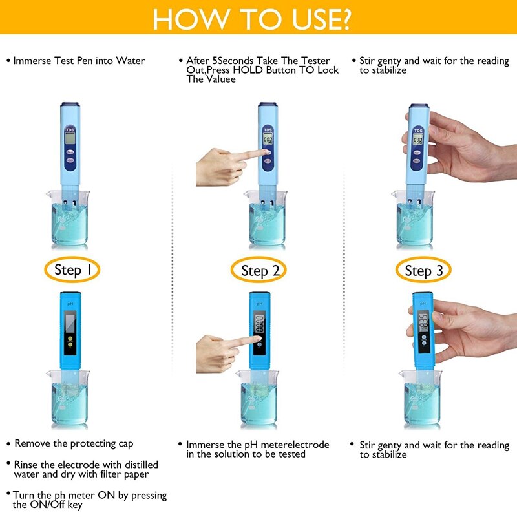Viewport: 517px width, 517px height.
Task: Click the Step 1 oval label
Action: coord(72,269)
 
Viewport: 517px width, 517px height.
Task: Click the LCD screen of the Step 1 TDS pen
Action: coord(69,138)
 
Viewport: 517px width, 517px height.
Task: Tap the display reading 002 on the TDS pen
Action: coord(267,139)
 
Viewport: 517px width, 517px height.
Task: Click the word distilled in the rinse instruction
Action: coord(137,465)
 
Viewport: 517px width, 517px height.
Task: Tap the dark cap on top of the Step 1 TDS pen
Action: coord(69,105)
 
